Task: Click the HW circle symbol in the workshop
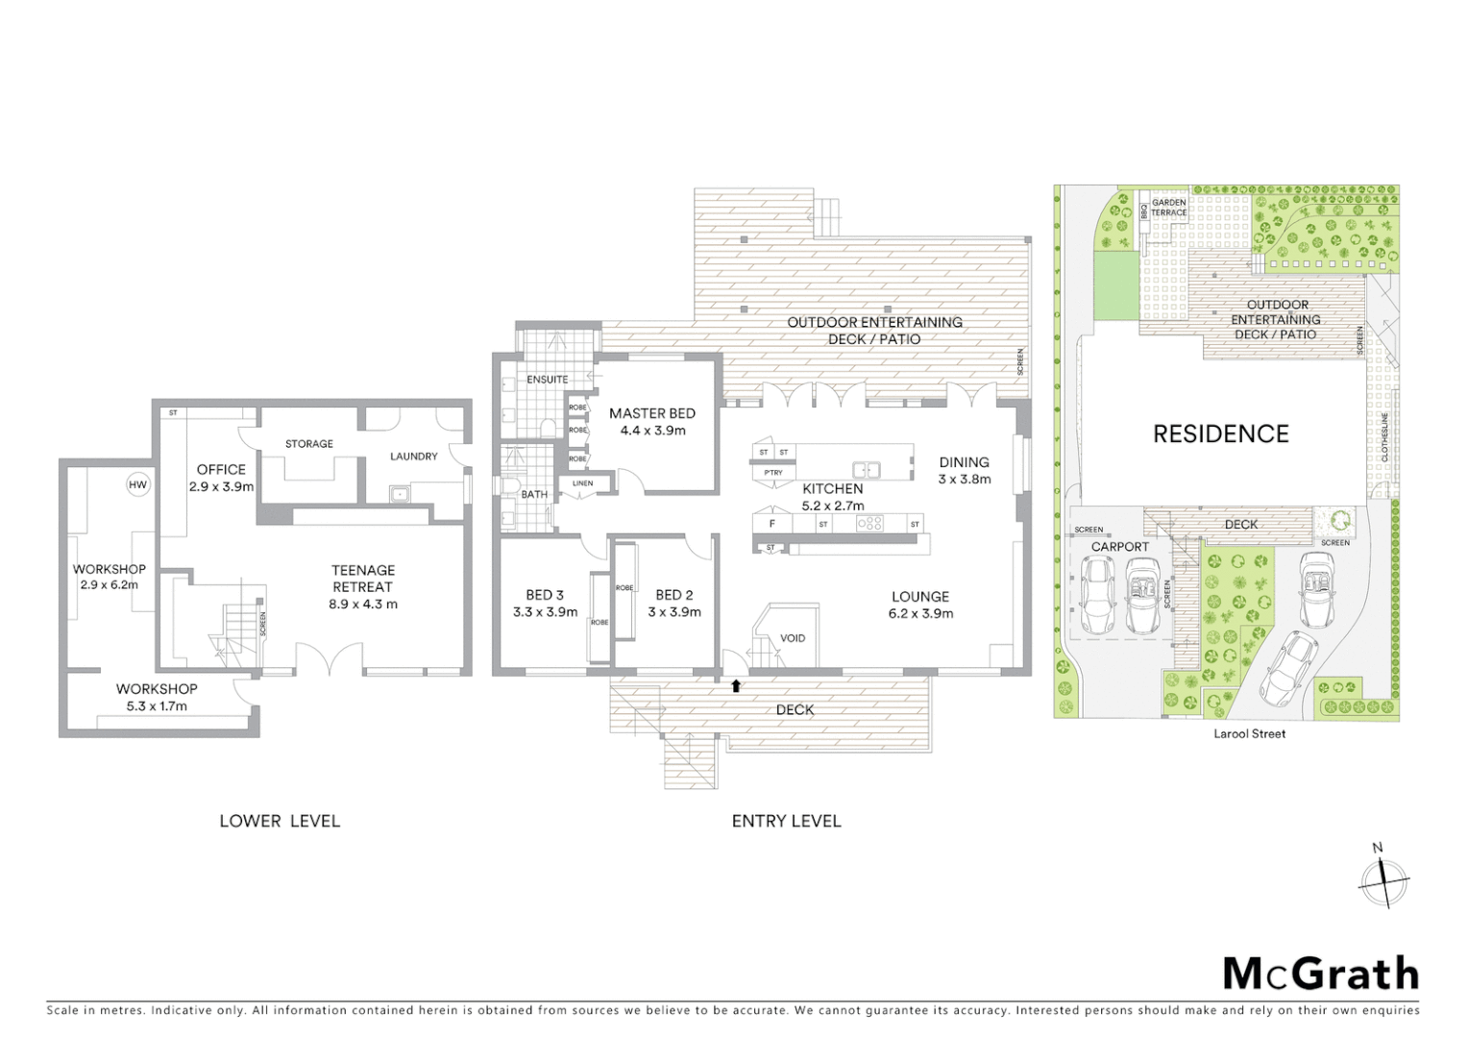[137, 484]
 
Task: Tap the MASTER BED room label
[651, 413]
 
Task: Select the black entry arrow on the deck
[736, 686]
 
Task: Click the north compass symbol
[1382, 878]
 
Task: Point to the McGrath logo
[1320, 974]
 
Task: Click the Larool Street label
[1248, 733]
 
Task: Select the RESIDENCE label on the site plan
[1220, 434]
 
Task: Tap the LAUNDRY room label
[413, 457]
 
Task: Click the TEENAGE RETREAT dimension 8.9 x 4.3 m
[362, 605]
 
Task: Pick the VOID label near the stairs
[793, 638]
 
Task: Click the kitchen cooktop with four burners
[869, 524]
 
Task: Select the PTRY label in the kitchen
[773, 473]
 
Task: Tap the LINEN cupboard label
[582, 483]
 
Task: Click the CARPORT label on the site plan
[1119, 547]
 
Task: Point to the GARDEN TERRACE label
[1169, 208]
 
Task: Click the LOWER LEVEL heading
[279, 821]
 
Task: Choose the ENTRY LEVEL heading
[786, 821]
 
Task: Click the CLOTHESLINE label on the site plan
[1384, 437]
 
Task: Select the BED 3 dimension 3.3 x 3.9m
[545, 612]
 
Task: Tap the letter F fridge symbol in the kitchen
[771, 524]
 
